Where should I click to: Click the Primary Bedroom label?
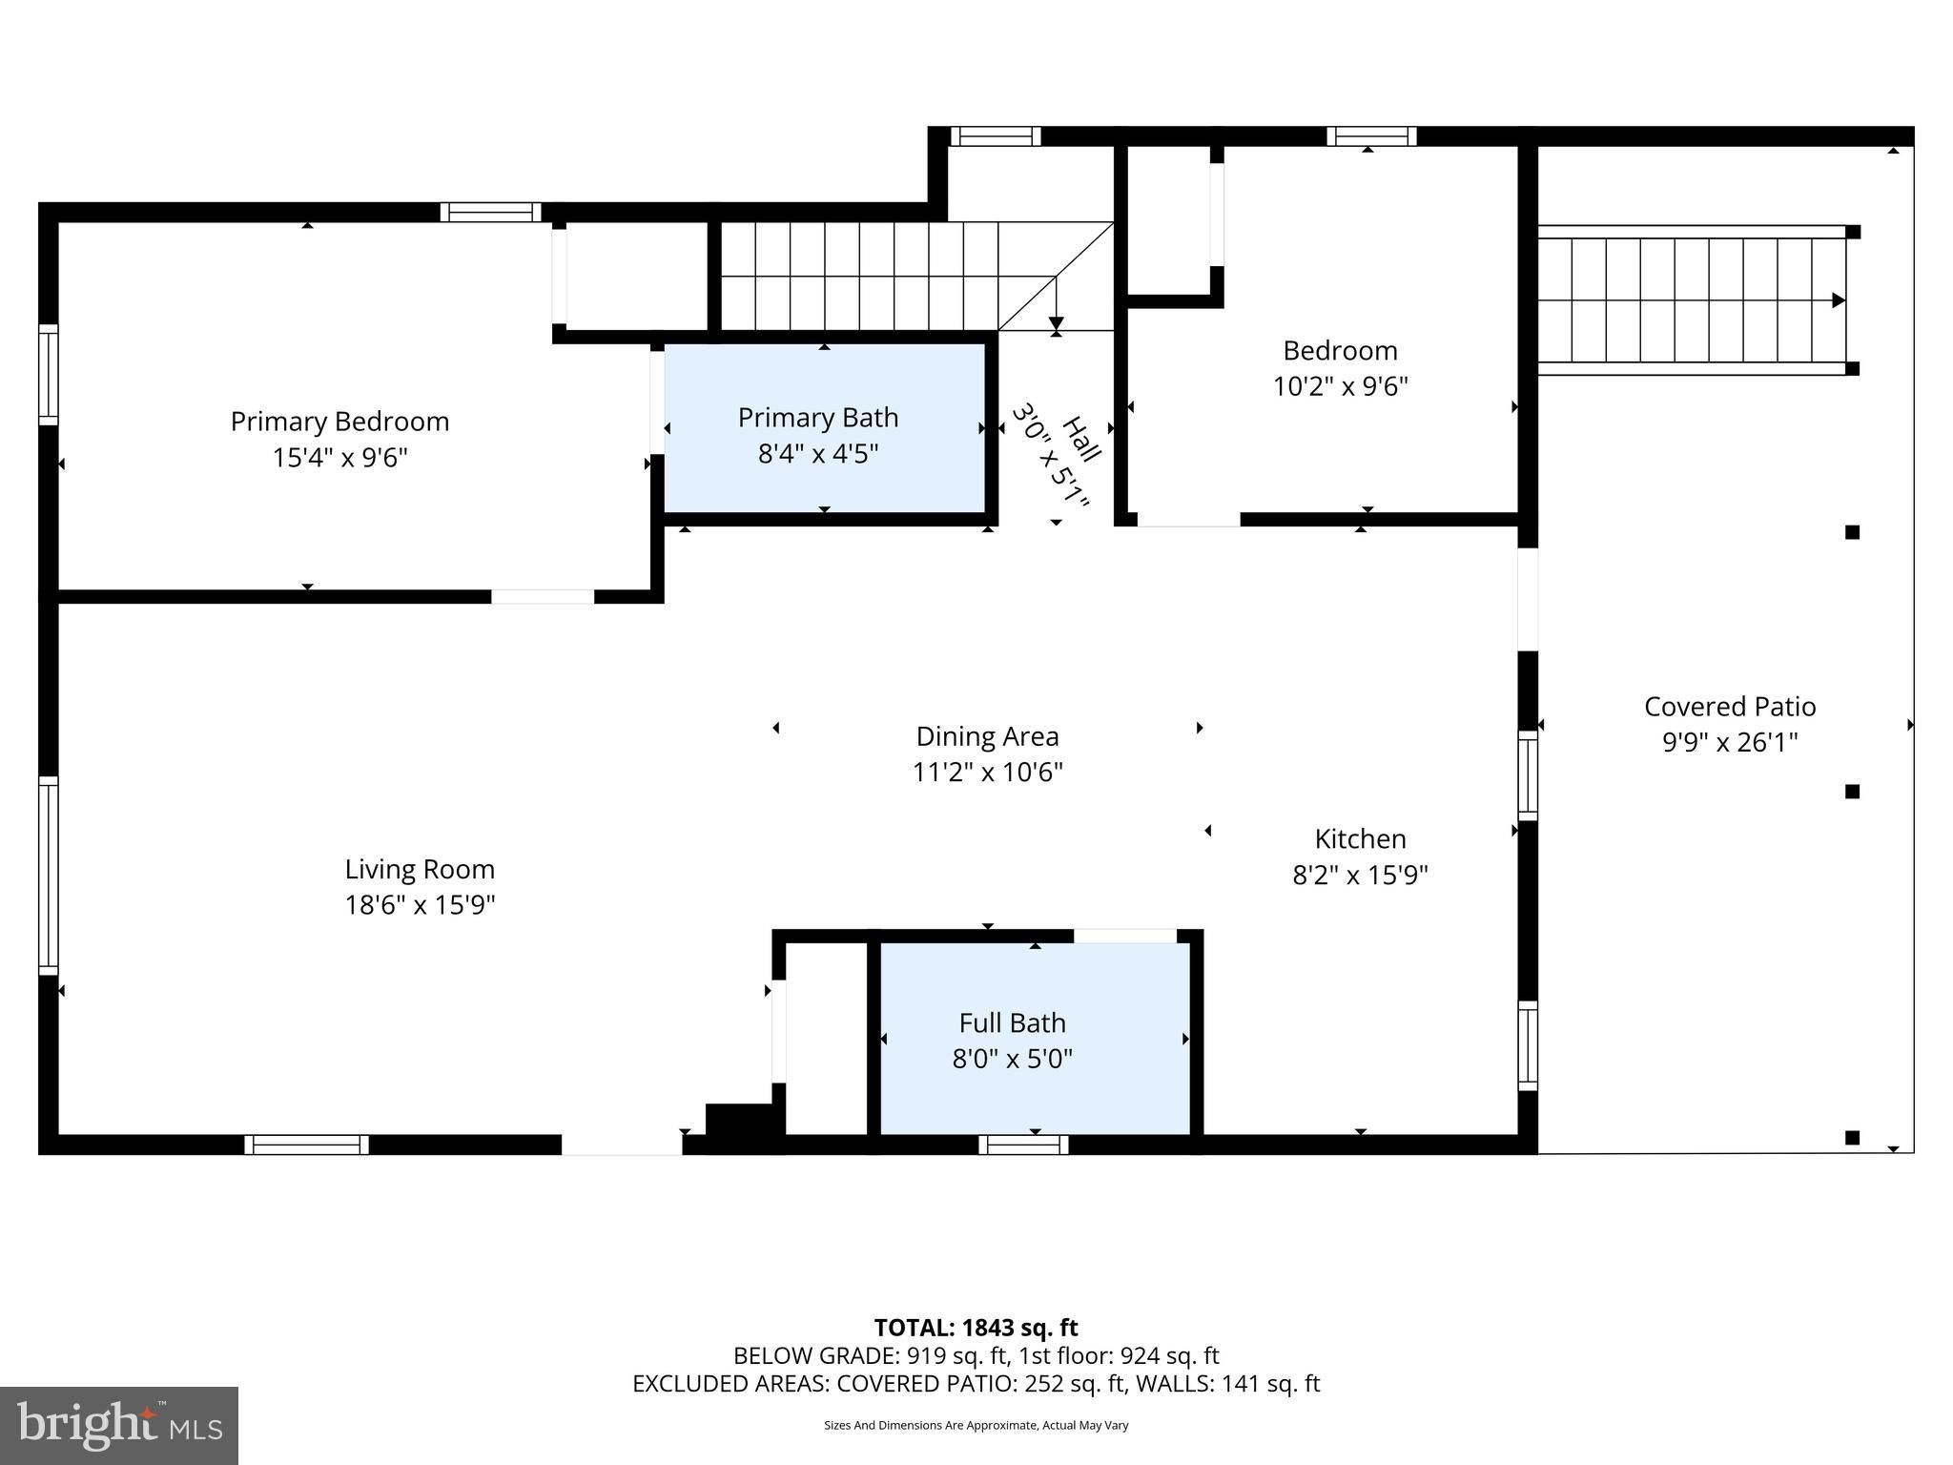point(339,422)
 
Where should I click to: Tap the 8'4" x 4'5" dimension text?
point(817,454)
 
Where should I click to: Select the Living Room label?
point(420,869)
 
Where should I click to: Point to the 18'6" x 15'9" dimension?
point(420,905)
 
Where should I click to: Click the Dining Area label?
point(987,736)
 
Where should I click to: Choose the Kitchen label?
point(1360,839)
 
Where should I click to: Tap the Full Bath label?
point(1012,1023)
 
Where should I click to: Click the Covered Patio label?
point(1729,707)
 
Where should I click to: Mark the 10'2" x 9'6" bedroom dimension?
point(1340,386)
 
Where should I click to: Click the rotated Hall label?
point(1080,440)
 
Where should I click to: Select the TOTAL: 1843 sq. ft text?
point(976,1328)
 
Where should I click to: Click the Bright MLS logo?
point(119,1426)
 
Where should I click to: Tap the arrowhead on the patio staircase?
point(1839,300)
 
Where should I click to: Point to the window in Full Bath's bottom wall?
point(1023,1145)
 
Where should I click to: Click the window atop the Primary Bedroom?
point(490,212)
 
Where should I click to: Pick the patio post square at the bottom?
point(1852,1137)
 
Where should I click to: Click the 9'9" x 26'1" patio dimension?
point(1729,743)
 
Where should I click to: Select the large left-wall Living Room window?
point(48,876)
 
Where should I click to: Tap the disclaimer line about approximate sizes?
point(976,1425)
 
